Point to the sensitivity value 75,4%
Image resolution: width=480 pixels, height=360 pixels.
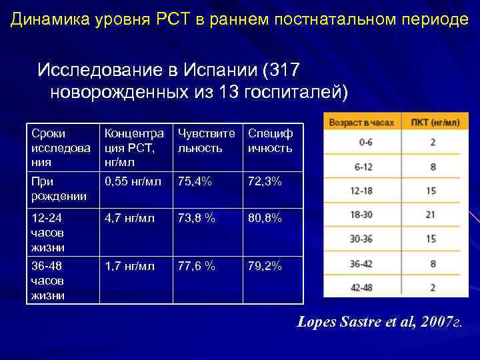193,181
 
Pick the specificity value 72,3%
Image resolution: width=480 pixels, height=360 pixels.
265,181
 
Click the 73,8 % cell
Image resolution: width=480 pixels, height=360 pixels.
196,218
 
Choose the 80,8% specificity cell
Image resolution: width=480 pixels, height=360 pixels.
265,218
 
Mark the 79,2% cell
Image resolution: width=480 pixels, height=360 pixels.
265,266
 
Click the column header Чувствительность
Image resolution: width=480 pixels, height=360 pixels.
206,140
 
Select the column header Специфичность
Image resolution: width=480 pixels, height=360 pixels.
270,140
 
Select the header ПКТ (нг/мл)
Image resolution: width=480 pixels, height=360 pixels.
435,123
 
